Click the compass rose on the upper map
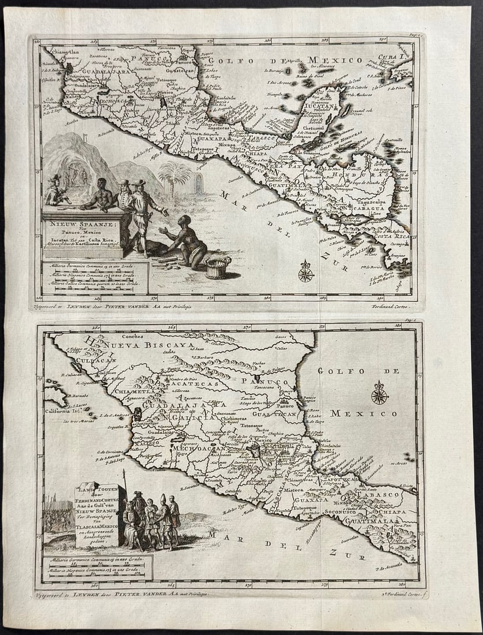pyautogui.click(x=305, y=271)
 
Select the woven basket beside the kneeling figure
pyautogui.click(x=218, y=267)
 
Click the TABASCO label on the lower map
pyautogui.click(x=378, y=495)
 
